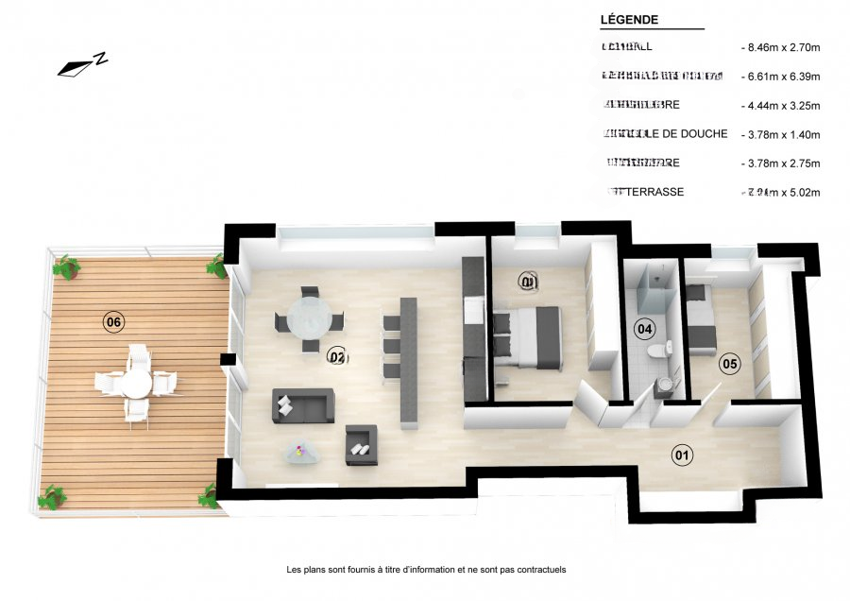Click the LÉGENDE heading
click(x=629, y=20)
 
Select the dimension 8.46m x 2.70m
click(x=780, y=46)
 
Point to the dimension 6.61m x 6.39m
click(x=780, y=76)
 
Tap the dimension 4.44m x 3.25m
click(x=780, y=105)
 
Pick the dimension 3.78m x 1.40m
click(x=780, y=134)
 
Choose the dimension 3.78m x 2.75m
click(x=780, y=163)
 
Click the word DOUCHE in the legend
click(x=699, y=133)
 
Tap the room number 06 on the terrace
click(x=113, y=322)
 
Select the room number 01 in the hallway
click(x=681, y=455)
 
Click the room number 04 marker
click(x=644, y=329)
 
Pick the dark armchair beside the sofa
click(x=361, y=444)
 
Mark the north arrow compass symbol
click(x=82, y=64)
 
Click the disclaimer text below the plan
click(x=425, y=570)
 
